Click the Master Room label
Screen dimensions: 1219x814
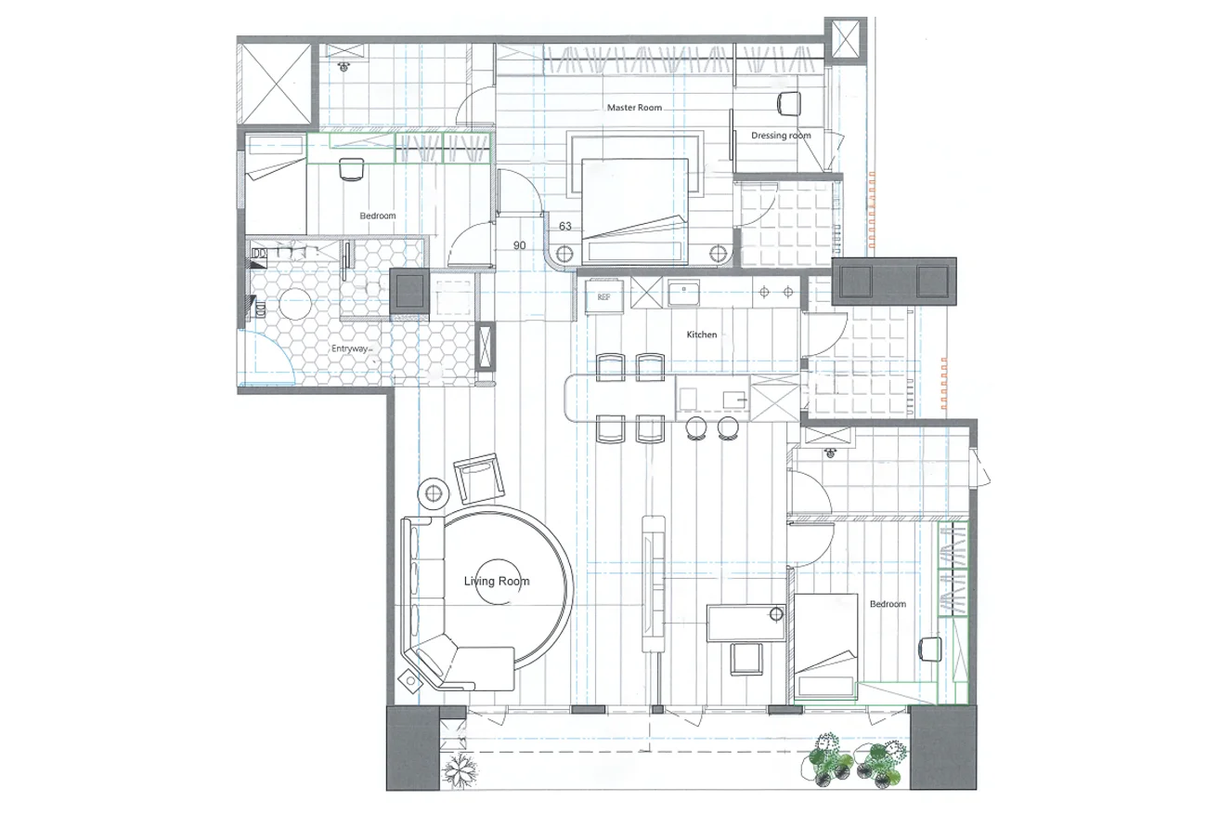coord(634,108)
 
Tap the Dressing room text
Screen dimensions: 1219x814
coord(781,135)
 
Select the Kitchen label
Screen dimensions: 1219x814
coord(702,335)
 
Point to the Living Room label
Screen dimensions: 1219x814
coord(497,582)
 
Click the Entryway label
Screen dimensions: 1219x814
coord(349,348)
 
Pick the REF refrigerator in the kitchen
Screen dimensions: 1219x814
coord(603,297)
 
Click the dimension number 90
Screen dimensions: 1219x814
coord(520,245)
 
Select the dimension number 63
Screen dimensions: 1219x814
coord(564,226)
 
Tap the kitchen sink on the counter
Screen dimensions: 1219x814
coord(684,295)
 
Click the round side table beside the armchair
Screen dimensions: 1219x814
coord(434,494)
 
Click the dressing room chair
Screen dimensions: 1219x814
coord(789,103)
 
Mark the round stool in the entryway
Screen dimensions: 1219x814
coord(294,303)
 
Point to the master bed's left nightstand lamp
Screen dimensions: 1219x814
coord(564,254)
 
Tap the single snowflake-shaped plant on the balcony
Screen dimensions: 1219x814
coord(460,770)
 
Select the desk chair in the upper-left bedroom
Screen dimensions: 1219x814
coord(351,169)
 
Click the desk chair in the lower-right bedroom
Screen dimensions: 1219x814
coord(930,649)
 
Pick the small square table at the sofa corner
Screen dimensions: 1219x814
coord(410,681)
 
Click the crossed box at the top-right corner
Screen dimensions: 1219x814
coord(845,40)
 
